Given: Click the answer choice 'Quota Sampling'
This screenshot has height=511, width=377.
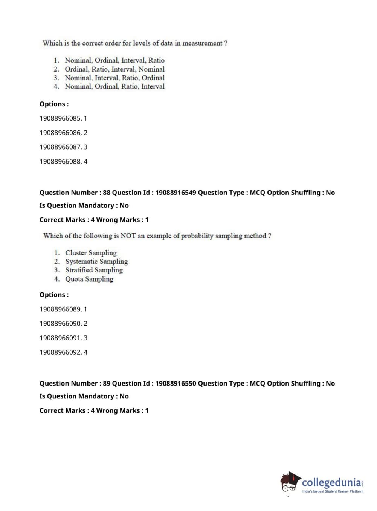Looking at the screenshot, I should [x=89, y=279].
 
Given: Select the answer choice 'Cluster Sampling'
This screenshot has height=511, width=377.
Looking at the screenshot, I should [x=91, y=252].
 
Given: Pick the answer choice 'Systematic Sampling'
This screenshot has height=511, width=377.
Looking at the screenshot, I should [x=96, y=261].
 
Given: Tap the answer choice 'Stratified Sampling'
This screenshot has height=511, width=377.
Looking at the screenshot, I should [x=94, y=270].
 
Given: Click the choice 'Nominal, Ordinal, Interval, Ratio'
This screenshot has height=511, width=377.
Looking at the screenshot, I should [x=114, y=60].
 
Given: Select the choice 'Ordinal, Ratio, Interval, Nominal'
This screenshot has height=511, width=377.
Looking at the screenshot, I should [x=114, y=69].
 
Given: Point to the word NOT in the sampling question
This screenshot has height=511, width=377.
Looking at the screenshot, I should [x=128, y=236].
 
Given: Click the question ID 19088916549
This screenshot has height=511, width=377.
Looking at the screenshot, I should [x=176, y=193].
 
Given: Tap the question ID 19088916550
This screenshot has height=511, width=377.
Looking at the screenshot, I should [x=176, y=383].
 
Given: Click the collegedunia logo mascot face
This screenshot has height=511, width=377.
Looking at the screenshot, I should [x=289, y=483].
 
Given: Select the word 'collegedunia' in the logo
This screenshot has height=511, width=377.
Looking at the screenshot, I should [x=331, y=482].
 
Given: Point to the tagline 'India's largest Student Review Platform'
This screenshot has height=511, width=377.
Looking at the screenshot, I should [x=333, y=491].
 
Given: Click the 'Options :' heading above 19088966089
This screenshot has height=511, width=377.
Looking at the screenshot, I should [x=54, y=295].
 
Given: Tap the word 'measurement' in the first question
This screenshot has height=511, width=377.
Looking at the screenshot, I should [x=202, y=43].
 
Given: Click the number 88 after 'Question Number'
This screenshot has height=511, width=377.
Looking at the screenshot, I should [x=107, y=193].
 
